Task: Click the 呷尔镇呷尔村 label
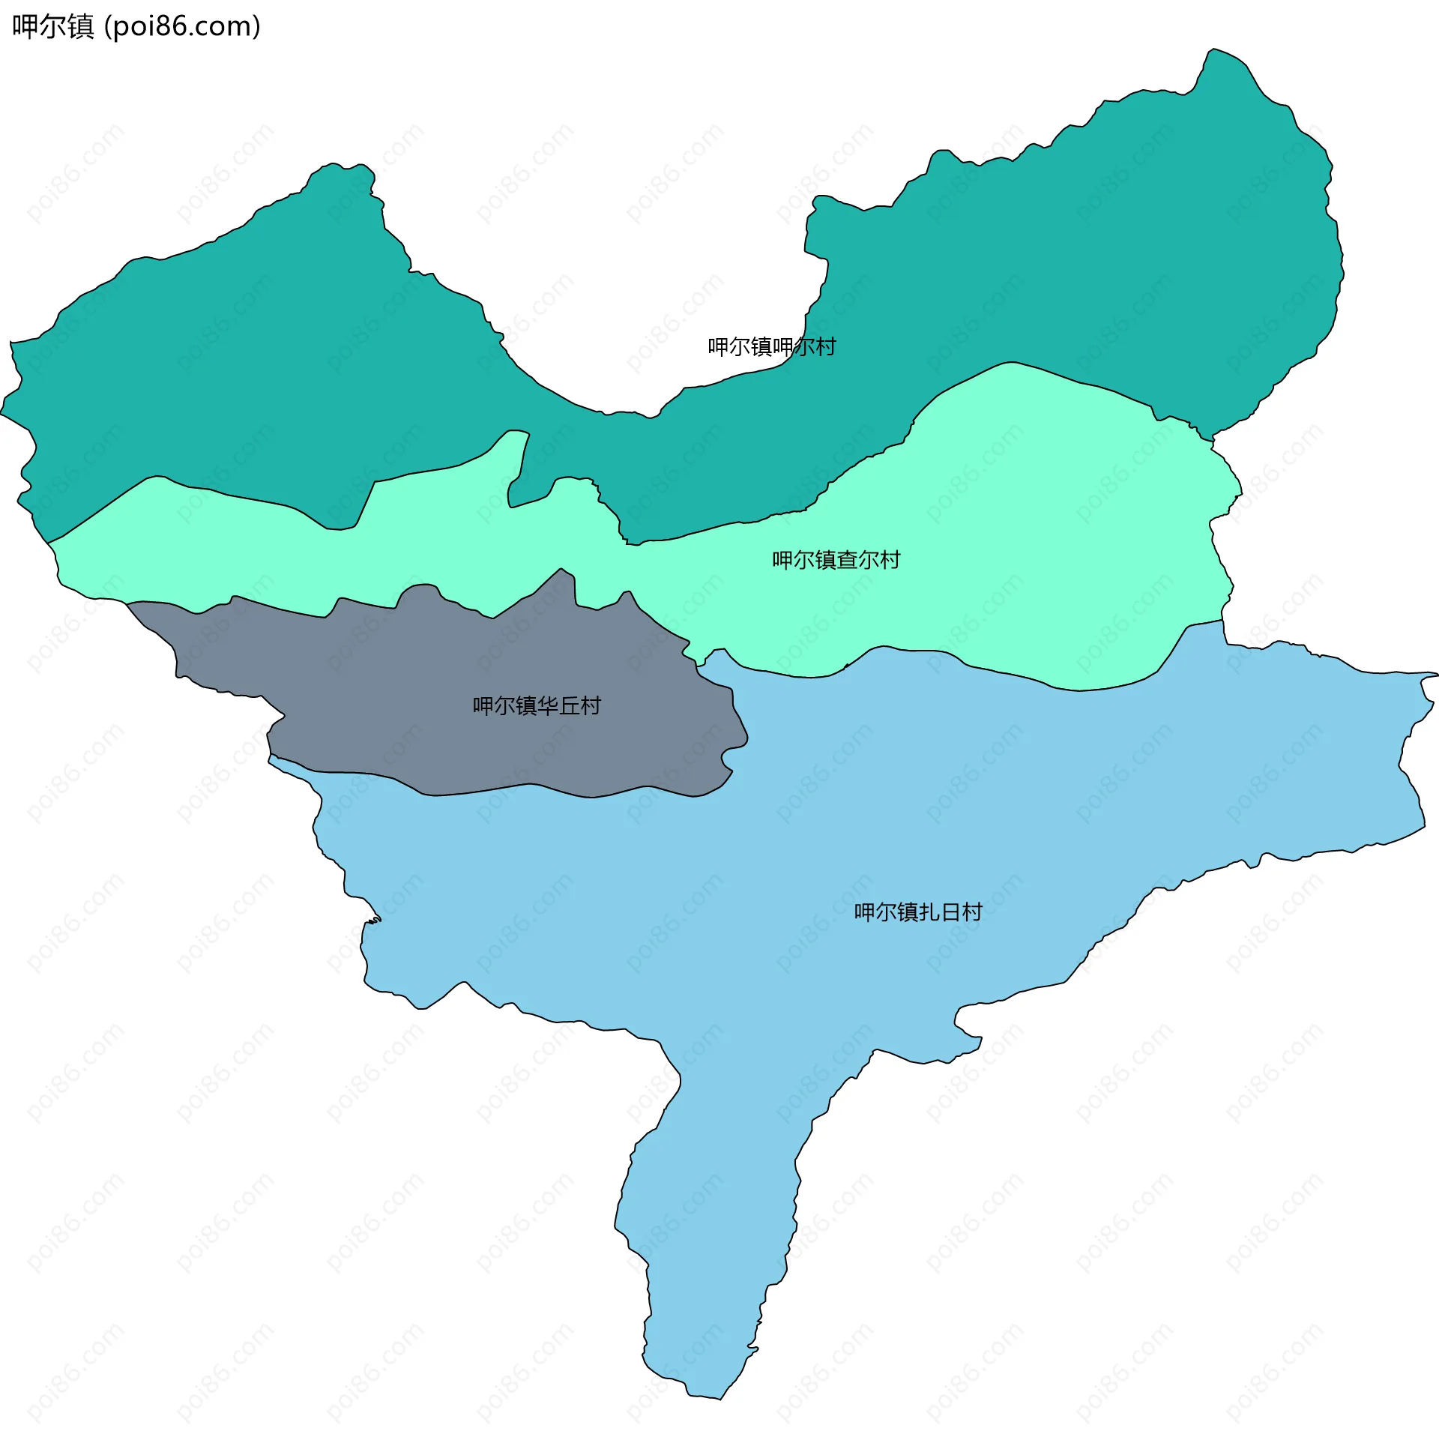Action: (x=772, y=346)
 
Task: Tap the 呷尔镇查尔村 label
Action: (x=836, y=560)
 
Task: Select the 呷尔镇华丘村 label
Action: (x=536, y=705)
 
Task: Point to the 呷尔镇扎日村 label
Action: (x=918, y=912)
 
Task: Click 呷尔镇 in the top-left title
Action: (x=52, y=27)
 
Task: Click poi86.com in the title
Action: (x=182, y=27)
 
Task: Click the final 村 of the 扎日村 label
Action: (x=973, y=912)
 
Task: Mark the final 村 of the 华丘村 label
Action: (x=591, y=705)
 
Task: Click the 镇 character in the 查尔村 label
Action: (x=826, y=560)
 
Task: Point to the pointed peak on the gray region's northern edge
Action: (x=561, y=570)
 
